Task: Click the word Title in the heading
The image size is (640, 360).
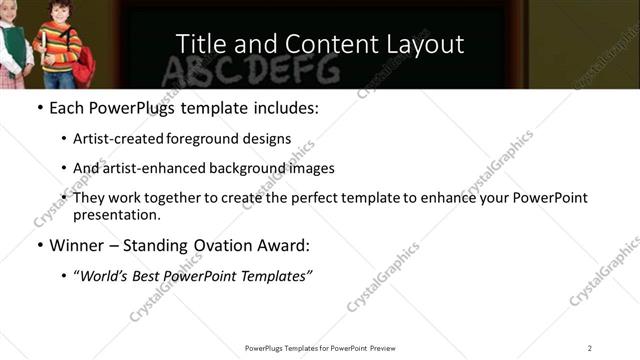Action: click(x=200, y=44)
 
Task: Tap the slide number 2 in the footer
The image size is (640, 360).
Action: click(x=590, y=347)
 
